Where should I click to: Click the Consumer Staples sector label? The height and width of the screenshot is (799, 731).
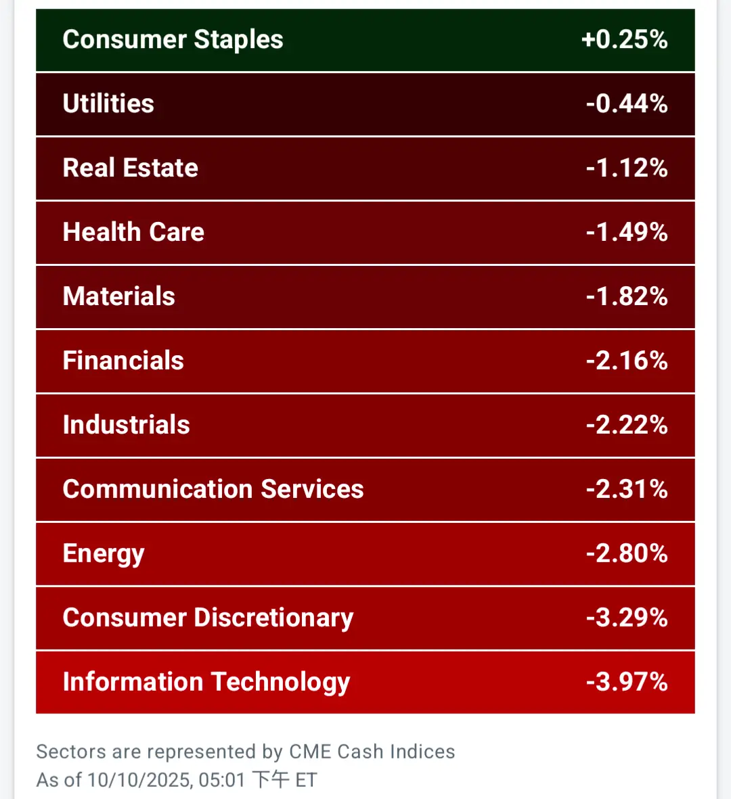click(x=173, y=40)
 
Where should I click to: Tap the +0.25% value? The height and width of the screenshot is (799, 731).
click(x=624, y=40)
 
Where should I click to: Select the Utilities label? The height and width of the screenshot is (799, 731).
click(x=108, y=104)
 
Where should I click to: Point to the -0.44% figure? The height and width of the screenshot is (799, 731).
click(x=627, y=104)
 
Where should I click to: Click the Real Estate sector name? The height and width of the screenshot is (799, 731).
click(x=131, y=168)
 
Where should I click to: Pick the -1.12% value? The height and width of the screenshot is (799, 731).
click(x=627, y=168)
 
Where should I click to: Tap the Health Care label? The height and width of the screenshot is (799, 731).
click(x=133, y=233)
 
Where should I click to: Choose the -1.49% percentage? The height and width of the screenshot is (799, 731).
click(x=627, y=233)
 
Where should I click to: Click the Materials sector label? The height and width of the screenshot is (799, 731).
click(x=119, y=297)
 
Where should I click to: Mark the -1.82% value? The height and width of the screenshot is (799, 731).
click(x=627, y=297)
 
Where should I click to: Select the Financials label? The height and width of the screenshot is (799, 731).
click(x=123, y=361)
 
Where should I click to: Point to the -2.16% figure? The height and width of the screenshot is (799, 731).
click(x=627, y=361)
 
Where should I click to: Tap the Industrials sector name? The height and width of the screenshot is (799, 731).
click(x=127, y=426)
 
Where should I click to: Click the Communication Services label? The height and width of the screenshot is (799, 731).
click(x=213, y=490)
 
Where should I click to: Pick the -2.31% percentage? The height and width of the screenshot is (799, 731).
click(x=627, y=490)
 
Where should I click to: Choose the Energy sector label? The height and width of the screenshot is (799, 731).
click(x=104, y=554)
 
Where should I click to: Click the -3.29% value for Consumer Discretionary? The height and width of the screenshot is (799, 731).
click(x=627, y=618)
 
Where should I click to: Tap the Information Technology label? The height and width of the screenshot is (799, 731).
click(x=206, y=683)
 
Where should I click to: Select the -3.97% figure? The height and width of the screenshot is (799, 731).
click(x=627, y=683)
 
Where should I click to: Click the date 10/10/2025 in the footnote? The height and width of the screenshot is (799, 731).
click(x=140, y=780)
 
